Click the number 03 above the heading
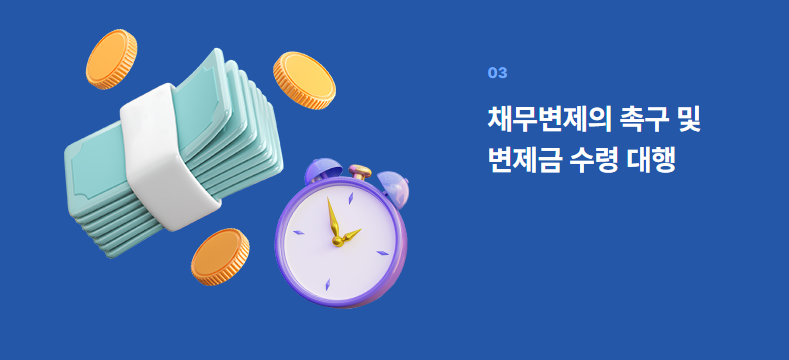click(x=497, y=72)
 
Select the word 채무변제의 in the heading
click(x=547, y=119)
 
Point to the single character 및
click(x=688, y=119)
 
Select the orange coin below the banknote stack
click(x=219, y=257)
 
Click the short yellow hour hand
click(x=349, y=237)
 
